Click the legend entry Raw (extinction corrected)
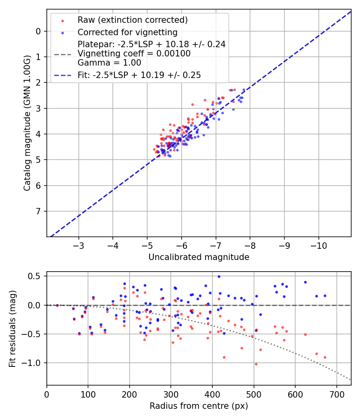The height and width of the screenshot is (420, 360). click(x=132, y=20)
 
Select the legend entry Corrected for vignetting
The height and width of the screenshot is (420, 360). click(x=127, y=32)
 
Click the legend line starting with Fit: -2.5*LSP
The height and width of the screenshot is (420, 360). click(x=139, y=75)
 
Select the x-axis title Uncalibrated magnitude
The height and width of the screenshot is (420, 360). click(x=199, y=257)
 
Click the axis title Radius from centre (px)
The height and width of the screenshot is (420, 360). click(x=199, y=406)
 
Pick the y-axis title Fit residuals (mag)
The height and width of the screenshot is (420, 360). click(x=12, y=328)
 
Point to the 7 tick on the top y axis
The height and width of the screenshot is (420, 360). click(x=38, y=211)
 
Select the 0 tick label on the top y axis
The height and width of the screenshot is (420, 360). click(x=38, y=31)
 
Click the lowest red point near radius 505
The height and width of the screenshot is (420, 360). click(x=256, y=364)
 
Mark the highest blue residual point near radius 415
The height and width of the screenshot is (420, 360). click(x=219, y=276)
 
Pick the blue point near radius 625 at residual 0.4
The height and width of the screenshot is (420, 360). click(x=305, y=282)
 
